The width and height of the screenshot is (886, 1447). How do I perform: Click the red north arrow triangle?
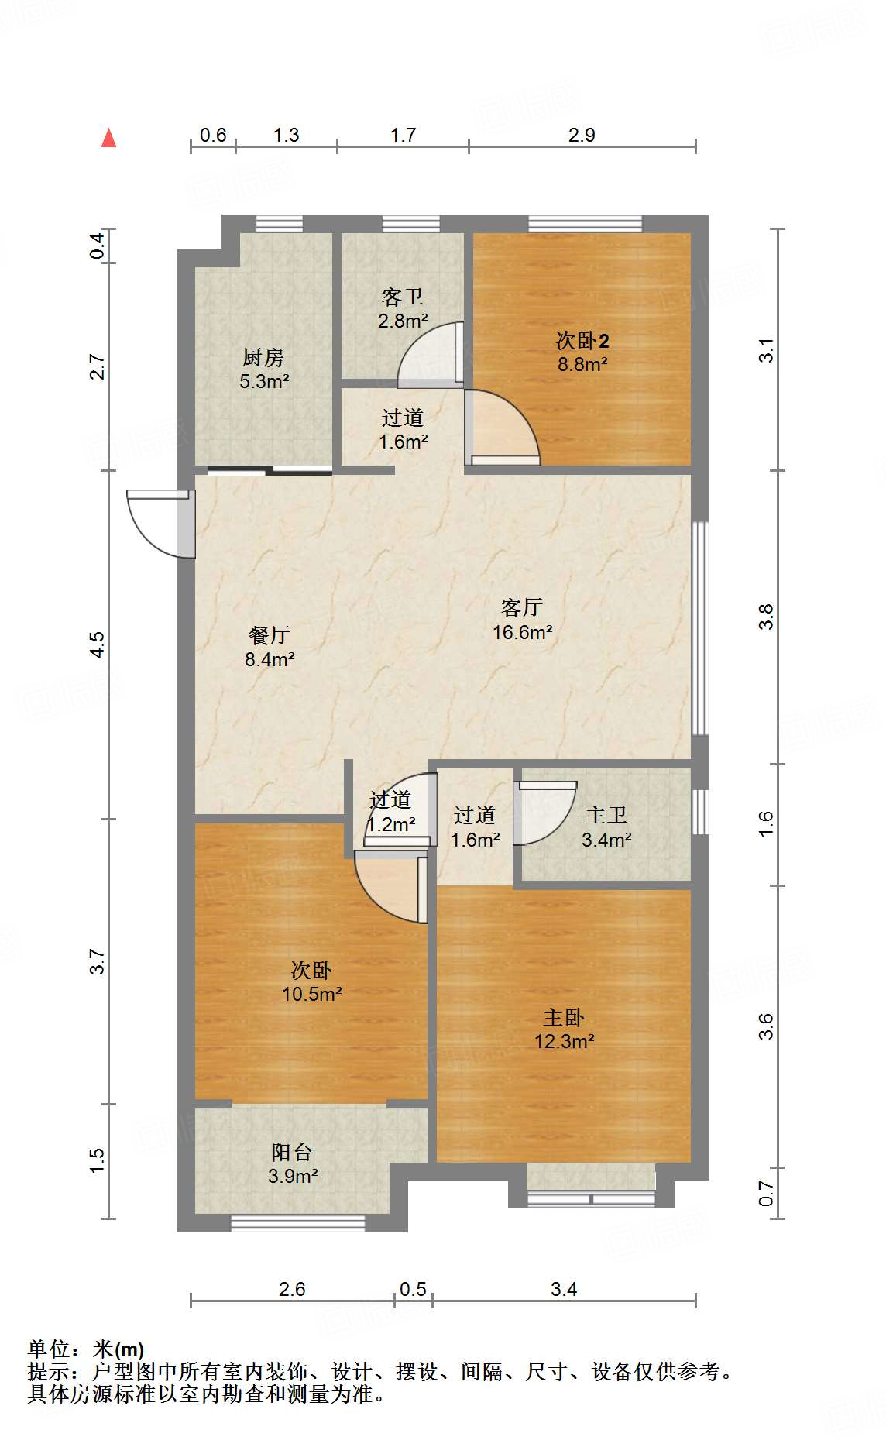click(109, 139)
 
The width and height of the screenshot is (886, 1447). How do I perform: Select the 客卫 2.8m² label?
click(403, 308)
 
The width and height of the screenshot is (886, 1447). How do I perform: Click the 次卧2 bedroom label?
click(582, 352)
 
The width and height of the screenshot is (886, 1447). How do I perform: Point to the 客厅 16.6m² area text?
click(522, 620)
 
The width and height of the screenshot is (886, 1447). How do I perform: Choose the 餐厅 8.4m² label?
click(270, 647)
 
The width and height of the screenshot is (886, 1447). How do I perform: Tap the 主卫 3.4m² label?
click(606, 827)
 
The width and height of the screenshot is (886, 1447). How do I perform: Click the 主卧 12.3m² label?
click(564, 1029)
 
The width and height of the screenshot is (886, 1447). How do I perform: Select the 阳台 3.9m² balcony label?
click(293, 1163)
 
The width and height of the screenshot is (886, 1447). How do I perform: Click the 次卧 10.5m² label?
click(311, 981)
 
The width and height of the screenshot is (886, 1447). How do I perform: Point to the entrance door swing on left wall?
click(161, 523)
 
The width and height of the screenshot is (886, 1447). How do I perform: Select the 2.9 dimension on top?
click(582, 135)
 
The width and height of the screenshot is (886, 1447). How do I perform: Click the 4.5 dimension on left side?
click(97, 644)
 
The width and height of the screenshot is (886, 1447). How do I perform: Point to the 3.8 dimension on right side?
click(766, 617)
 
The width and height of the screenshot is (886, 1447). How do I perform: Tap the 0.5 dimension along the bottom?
click(413, 1289)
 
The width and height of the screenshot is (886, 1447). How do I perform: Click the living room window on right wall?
click(700, 627)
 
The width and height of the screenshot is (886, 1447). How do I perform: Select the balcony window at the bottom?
click(298, 1223)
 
